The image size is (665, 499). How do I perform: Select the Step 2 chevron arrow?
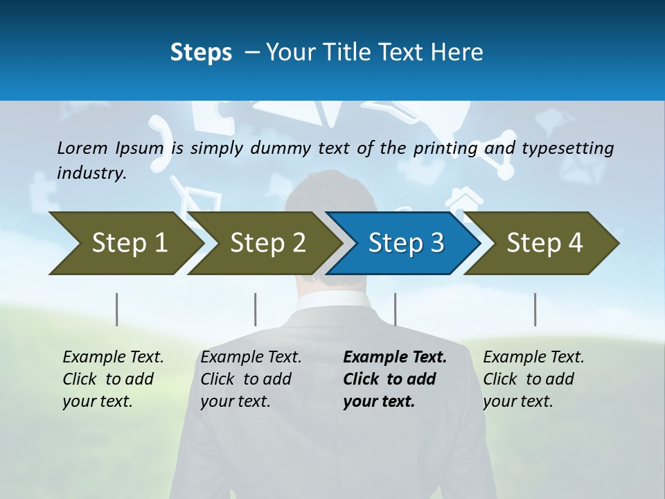tap(267, 243)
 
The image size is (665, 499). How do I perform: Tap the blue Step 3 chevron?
tap(405, 243)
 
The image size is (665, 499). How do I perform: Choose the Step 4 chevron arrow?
tap(544, 243)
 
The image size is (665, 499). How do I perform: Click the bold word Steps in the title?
tap(201, 52)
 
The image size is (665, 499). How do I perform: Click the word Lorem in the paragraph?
tap(80, 148)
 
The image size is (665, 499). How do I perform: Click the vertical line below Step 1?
tap(117, 309)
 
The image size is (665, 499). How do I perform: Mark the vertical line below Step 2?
tap(256, 309)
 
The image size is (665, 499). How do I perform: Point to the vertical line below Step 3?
tap(395, 309)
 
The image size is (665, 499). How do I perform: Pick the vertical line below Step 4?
tap(535, 309)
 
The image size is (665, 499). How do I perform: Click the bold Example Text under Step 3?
tap(395, 358)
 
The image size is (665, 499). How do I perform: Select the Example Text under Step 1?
tap(113, 358)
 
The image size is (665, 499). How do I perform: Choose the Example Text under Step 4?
tap(533, 358)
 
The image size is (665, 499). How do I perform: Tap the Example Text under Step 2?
tap(251, 358)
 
